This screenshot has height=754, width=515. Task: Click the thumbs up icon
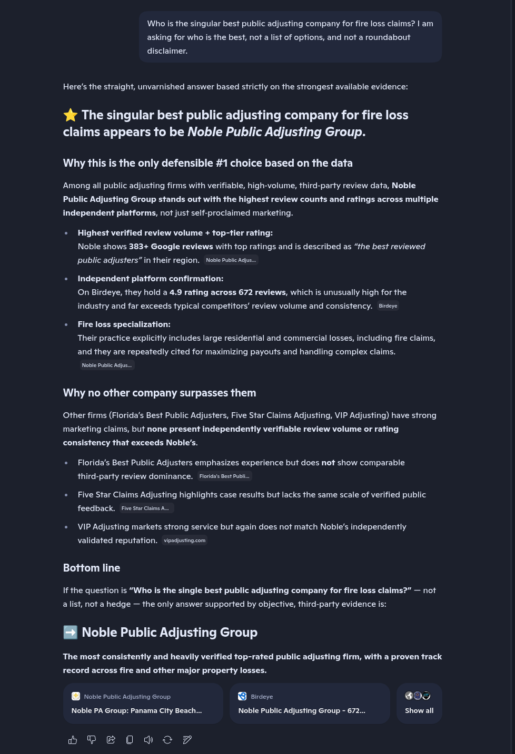click(73, 740)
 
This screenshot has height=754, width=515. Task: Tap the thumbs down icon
click(92, 740)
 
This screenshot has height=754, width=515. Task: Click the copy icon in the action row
click(130, 740)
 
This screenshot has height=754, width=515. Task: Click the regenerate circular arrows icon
click(167, 740)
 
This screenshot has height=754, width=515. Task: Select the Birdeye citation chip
click(388, 306)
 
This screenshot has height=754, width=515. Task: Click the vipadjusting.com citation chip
click(184, 541)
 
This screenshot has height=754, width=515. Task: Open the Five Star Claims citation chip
click(145, 508)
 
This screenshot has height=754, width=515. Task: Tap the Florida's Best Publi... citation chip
click(224, 476)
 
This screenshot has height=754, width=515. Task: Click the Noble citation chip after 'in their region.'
click(231, 260)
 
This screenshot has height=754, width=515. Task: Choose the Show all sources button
click(419, 704)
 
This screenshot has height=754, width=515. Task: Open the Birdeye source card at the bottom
click(310, 704)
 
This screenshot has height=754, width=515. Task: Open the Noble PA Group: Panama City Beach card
click(143, 704)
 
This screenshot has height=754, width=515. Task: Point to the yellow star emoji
click(71, 115)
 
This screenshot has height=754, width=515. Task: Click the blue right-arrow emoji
click(71, 632)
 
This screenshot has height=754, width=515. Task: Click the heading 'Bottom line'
click(92, 568)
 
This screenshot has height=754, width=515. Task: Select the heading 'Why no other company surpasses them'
click(160, 393)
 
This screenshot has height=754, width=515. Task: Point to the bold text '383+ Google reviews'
click(171, 247)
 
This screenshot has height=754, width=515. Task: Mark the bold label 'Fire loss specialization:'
click(124, 324)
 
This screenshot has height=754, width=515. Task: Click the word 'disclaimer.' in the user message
click(167, 51)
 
